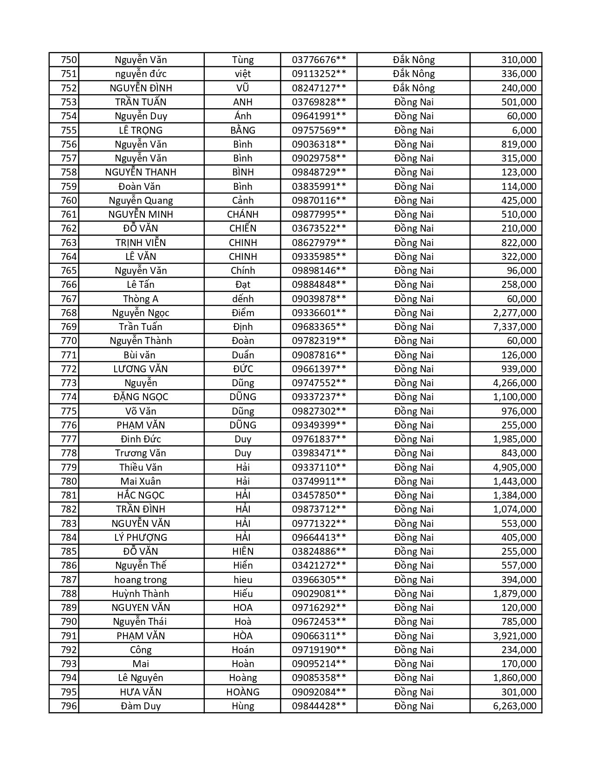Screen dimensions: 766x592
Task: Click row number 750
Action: pyautogui.click(x=69, y=60)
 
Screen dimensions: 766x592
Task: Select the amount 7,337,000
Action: pyautogui.click(x=514, y=327)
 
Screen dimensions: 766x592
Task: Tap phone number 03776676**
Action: pyautogui.click(x=319, y=60)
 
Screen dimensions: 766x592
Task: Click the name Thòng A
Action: pyautogui.click(x=141, y=299)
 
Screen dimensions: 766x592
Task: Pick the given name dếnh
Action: pyautogui.click(x=243, y=299)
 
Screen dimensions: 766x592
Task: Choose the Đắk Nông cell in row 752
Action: pyautogui.click(x=413, y=88)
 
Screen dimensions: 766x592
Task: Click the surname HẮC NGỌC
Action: pyautogui.click(x=141, y=495)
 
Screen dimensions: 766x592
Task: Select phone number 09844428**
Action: pyautogui.click(x=319, y=706)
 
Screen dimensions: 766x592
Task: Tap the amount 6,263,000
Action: pyautogui.click(x=514, y=706)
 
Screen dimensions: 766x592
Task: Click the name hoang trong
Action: pyautogui.click(x=141, y=580)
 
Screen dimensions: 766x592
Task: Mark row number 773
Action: pyautogui.click(x=69, y=383)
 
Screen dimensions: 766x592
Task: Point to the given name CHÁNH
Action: pyautogui.click(x=243, y=214)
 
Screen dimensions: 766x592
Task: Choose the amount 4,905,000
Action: pyautogui.click(x=514, y=467)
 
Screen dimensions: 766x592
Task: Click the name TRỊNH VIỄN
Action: pyautogui.click(x=141, y=243)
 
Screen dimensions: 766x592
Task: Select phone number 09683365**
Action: pyautogui.click(x=319, y=327)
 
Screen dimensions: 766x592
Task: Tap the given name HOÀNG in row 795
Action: pyautogui.click(x=243, y=692)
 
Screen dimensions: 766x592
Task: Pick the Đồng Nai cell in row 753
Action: pyautogui.click(x=413, y=102)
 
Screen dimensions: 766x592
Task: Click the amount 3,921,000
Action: pyautogui.click(x=514, y=636)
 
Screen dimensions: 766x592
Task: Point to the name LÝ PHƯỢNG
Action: pyautogui.click(x=141, y=538)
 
